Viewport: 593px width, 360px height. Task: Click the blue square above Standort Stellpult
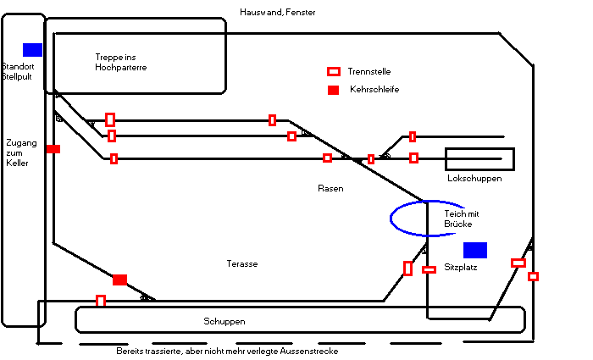32,49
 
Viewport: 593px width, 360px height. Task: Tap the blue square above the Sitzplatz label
475,250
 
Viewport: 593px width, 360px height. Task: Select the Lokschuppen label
474,179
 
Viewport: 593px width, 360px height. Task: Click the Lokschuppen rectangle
479,158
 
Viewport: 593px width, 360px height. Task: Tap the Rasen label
330,188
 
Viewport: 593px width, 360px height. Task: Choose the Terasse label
242,264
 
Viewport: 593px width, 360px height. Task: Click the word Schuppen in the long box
224,322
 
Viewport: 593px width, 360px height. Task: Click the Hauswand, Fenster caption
277,12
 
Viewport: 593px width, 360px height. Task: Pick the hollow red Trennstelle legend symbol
334,72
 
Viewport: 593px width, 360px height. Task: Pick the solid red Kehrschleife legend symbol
334,90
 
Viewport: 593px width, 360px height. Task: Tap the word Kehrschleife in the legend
374,90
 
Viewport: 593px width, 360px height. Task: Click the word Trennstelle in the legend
369,72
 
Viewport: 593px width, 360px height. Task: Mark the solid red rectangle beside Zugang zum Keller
53,149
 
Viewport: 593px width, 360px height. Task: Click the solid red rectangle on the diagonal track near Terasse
119,280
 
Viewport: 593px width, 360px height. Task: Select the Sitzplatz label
462,267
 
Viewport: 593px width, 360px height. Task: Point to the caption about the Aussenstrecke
227,352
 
